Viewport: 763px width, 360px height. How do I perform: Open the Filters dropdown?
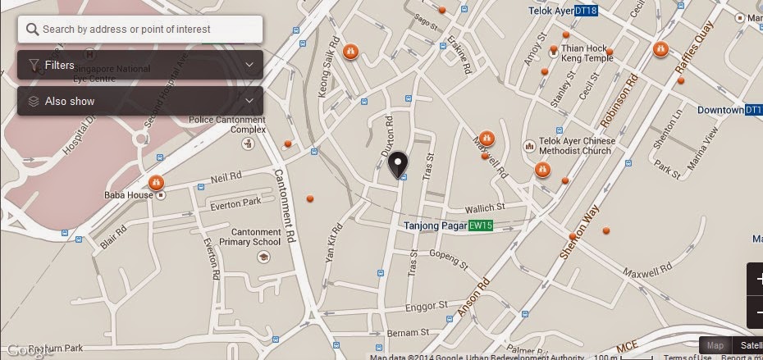pyautogui.click(x=139, y=65)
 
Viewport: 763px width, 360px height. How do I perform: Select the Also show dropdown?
pyautogui.click(x=139, y=101)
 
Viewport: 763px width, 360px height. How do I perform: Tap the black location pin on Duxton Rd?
pyautogui.click(x=398, y=164)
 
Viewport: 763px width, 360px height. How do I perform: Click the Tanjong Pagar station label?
pyautogui.click(x=435, y=225)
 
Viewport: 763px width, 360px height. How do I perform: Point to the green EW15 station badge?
pyautogui.click(x=481, y=225)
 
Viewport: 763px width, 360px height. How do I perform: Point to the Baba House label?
pyautogui.click(x=129, y=195)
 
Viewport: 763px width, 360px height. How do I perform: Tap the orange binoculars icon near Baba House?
pyautogui.click(x=156, y=182)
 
